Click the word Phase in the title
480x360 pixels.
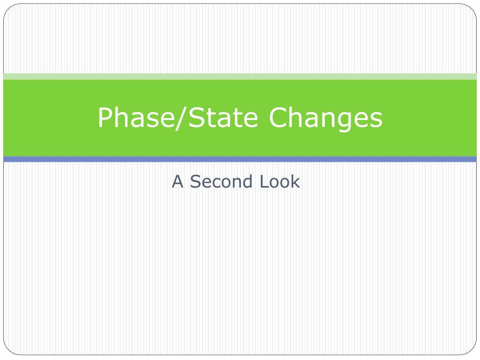tap(136, 117)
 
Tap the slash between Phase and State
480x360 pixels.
tap(181, 118)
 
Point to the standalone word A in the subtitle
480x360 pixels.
tap(178, 181)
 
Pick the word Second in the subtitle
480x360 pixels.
tap(221, 181)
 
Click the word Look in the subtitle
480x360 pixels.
tap(280, 181)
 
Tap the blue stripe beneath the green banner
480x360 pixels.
tap(240, 159)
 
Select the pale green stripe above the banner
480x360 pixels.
tap(240, 76)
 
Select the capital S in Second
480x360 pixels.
tap(195, 181)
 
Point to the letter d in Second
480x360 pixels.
tap(247, 181)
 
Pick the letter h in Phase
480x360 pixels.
tap(122, 117)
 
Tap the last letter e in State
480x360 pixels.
tap(252, 120)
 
